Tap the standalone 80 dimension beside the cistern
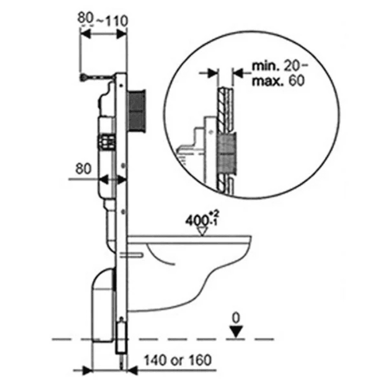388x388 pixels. coord(83,169)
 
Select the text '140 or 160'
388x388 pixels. coord(178,360)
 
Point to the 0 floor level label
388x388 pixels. coord(236,318)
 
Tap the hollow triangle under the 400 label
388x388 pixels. coord(202,231)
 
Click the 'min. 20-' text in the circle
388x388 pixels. coord(279,66)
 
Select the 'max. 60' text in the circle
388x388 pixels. coord(278,81)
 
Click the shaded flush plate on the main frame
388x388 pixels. coord(136,111)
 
